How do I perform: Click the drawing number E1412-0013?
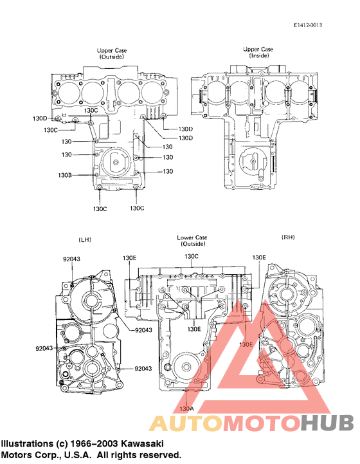pyautogui.click(x=307, y=25)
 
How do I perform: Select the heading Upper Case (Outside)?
pyautogui.click(x=111, y=53)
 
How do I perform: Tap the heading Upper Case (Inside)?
pyautogui.click(x=258, y=53)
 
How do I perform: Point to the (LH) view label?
pyautogui.click(x=84, y=239)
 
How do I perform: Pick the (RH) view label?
pyautogui.click(x=288, y=237)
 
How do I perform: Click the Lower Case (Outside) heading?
pyautogui.click(x=192, y=241)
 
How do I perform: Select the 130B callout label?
pyautogui.click(x=65, y=175)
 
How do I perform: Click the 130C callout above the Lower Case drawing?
pyautogui.click(x=192, y=256)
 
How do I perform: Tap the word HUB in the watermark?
pyautogui.click(x=327, y=423)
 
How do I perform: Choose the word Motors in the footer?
pyautogui.click(x=16, y=454)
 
